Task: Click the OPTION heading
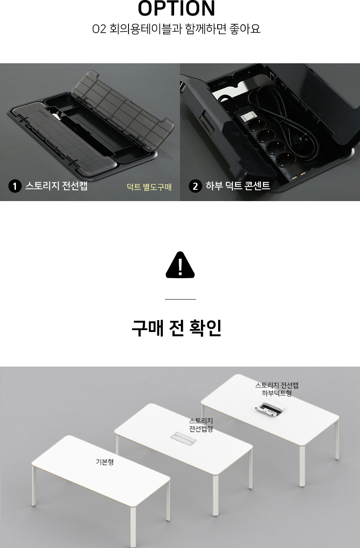point(177,8)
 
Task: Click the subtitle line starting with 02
point(176,29)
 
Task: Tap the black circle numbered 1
point(15,186)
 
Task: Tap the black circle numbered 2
point(195,186)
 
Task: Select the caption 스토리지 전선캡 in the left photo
point(57,186)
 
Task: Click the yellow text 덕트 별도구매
point(149,187)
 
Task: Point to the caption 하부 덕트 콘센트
point(238,186)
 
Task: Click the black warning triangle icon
point(180,265)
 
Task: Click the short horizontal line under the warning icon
point(180,299)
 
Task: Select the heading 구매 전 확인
point(176,328)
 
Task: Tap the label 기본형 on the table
point(105,462)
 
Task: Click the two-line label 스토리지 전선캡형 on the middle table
point(201,425)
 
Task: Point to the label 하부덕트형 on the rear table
point(277,393)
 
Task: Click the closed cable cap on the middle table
point(183,438)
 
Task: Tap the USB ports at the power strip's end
point(298,175)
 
